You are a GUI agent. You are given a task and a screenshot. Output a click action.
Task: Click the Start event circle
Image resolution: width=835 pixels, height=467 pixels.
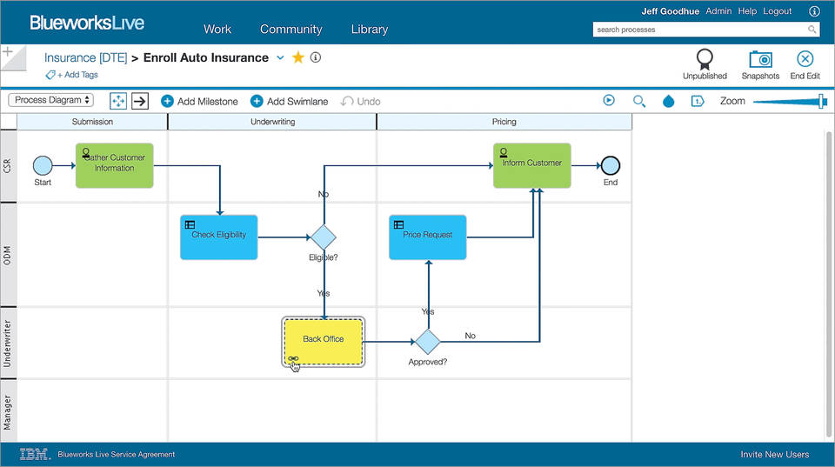point(43,165)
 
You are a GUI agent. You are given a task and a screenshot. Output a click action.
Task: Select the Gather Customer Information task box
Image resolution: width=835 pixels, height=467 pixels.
point(114,164)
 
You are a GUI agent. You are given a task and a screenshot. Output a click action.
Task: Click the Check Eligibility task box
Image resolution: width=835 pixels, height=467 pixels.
point(219,237)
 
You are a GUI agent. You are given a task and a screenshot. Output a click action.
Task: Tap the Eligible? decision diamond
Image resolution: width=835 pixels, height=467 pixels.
point(324,237)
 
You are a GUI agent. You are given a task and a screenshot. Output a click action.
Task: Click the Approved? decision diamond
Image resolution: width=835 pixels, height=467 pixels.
point(427,341)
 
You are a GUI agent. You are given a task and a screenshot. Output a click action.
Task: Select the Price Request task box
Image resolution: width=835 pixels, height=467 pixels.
point(427,237)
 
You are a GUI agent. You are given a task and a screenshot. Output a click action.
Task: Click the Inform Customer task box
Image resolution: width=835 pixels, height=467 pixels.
point(531,164)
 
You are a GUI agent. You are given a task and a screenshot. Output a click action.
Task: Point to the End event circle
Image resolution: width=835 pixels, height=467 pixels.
point(610,165)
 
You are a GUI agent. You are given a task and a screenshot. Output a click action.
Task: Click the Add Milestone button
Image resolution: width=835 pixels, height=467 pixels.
point(199,101)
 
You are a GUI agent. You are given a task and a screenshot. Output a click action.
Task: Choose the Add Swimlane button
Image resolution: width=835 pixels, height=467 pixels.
point(289,101)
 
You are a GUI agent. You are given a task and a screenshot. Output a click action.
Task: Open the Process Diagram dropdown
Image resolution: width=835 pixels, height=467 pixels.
point(51,100)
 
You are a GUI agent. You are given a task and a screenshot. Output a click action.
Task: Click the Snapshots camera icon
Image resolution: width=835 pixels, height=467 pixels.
point(760,59)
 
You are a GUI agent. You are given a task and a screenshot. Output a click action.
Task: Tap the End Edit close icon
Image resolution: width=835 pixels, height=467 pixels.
point(805,59)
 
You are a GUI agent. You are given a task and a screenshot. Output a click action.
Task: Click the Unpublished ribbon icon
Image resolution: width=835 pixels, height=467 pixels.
point(705,59)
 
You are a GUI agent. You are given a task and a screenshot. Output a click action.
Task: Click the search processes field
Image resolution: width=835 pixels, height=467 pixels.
point(699,30)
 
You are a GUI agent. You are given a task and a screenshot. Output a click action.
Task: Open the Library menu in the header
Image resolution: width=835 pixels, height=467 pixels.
point(370,29)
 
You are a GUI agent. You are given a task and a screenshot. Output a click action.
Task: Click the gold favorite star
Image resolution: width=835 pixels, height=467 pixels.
point(297,57)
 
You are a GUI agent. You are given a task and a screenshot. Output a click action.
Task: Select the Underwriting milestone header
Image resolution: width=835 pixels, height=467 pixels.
point(272,122)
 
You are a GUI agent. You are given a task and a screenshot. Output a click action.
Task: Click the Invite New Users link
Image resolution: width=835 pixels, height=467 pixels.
point(774,454)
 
